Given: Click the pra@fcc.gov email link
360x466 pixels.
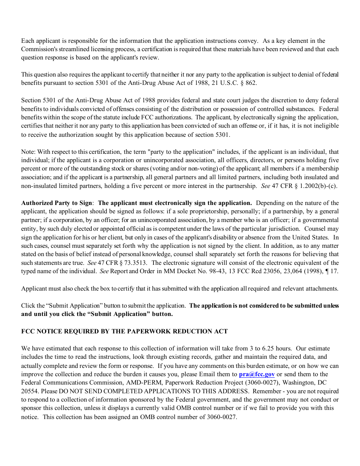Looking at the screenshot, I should tap(257, 374).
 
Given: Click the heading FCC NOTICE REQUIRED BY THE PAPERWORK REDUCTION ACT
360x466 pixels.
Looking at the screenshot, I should tap(124, 332).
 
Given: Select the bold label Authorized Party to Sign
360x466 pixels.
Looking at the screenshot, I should tap(56, 203).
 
